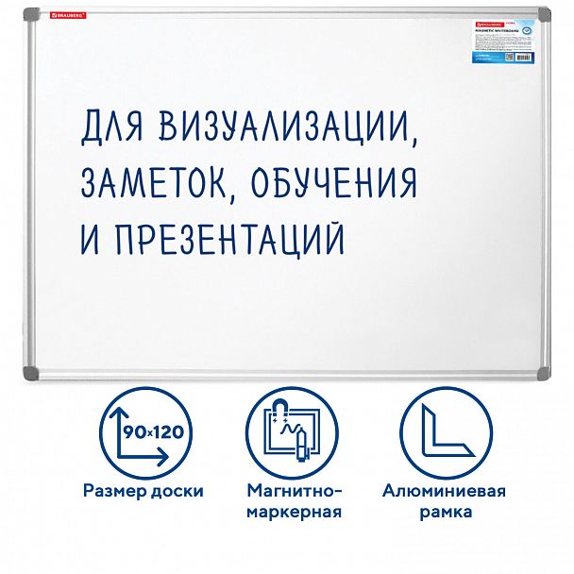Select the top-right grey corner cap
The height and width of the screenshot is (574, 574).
pyautogui.click(x=543, y=17)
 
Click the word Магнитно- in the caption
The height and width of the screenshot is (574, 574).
pyautogui.click(x=293, y=491)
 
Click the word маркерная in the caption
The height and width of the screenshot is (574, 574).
pyautogui.click(x=293, y=513)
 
